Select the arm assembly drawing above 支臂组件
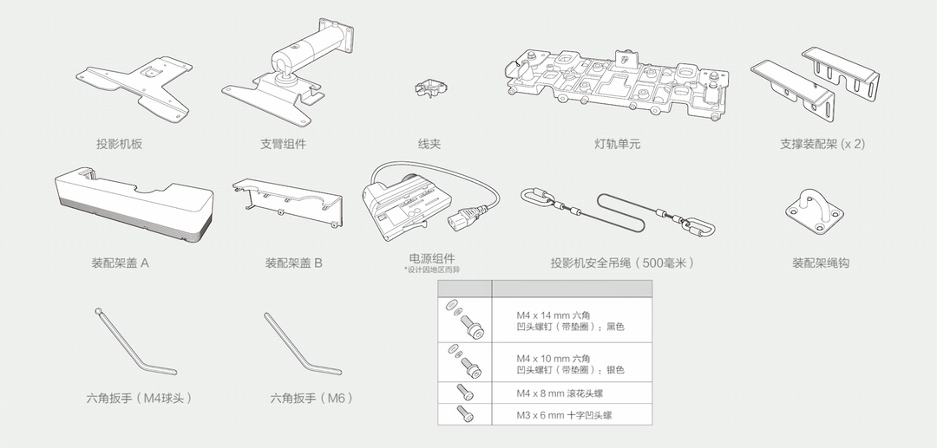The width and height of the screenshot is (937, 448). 291,74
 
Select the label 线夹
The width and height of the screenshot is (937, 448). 429,144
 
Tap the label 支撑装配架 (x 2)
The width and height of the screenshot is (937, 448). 822,144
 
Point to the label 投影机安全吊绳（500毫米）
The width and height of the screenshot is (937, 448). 622,262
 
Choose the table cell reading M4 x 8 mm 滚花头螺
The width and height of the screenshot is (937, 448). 560,393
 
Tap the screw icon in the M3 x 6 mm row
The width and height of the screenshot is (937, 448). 464,415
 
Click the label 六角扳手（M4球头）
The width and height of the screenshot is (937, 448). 139,398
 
